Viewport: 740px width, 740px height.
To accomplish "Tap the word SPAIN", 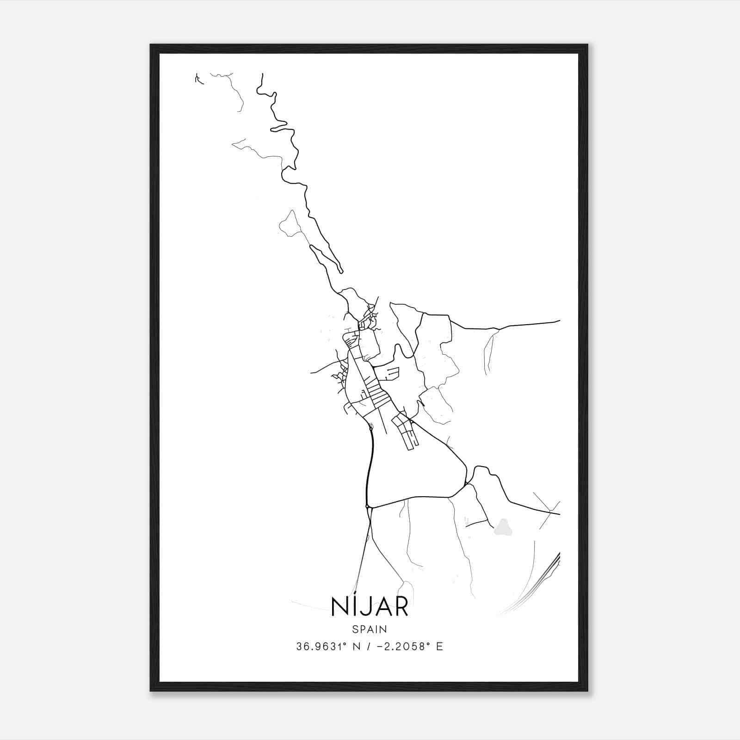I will click(370, 629).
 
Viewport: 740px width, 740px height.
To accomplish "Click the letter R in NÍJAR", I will click(401, 607).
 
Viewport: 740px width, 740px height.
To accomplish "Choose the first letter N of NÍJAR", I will click(339, 607).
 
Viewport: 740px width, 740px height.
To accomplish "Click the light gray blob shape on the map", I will click(504, 526).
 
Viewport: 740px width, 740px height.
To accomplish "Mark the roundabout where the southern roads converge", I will click(368, 507).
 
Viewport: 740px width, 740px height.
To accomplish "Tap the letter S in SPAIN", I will click(355, 629).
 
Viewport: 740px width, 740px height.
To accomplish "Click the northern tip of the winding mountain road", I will click(262, 74).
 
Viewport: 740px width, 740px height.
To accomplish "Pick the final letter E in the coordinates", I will click(439, 647).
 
